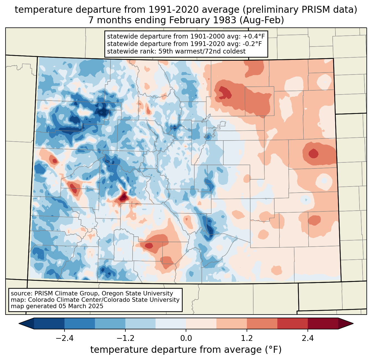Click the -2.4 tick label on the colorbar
[64, 338]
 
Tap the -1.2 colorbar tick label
[125, 338]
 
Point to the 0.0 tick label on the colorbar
[186, 338]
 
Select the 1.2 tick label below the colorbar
[247, 338]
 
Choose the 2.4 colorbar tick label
[308, 338]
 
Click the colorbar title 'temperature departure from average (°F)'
[186, 350]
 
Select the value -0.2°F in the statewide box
[251, 44]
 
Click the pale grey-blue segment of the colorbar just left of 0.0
[171, 323]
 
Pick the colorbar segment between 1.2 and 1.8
[262, 323]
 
